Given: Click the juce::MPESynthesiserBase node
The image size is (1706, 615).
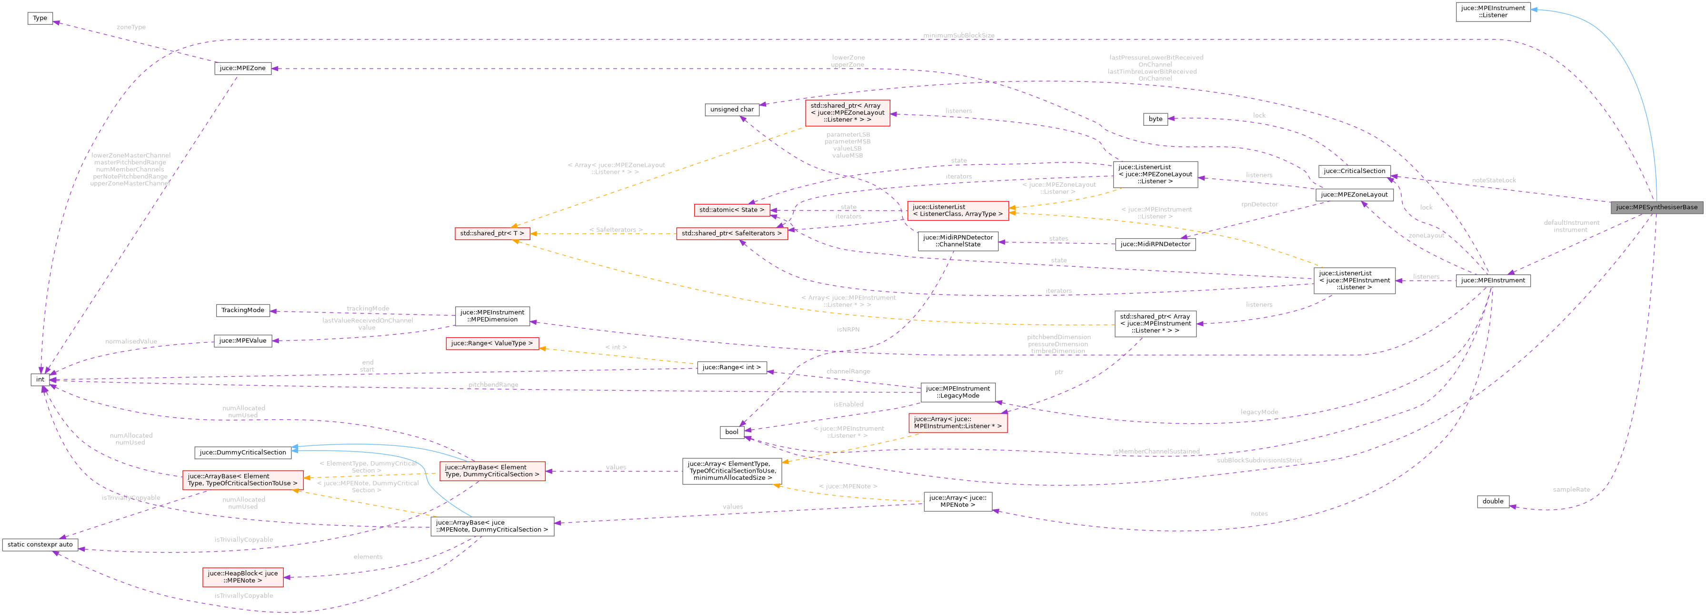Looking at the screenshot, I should pos(1656,207).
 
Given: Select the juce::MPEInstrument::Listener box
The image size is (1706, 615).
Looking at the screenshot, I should pos(1493,12).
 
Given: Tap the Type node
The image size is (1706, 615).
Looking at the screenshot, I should pos(40,18).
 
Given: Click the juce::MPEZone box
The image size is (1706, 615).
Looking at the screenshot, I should pos(242,68).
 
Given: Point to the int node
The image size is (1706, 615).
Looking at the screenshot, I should pos(40,380).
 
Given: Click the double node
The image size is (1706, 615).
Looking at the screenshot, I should pos(1493,502).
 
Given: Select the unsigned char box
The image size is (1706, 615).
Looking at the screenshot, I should pos(732,110).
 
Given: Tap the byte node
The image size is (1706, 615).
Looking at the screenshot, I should pos(1155,119).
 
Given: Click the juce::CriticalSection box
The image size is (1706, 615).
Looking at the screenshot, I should pos(1354,171).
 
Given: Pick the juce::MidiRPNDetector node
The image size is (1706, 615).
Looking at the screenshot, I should pos(1155,244).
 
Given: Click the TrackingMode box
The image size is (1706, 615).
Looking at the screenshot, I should pos(242,310).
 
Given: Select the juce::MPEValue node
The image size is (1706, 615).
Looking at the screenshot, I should pos(242,341).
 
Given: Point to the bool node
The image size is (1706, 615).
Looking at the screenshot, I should pos(731,432).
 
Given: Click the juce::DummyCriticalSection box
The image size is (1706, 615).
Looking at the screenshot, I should pos(242,453).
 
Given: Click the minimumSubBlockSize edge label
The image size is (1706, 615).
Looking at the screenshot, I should pos(958,35).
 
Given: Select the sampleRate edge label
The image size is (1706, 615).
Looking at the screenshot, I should pos(1571,490).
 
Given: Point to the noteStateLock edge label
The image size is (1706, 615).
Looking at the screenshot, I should pos(1494,180).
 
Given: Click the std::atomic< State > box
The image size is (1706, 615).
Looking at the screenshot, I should pos(731,210).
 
